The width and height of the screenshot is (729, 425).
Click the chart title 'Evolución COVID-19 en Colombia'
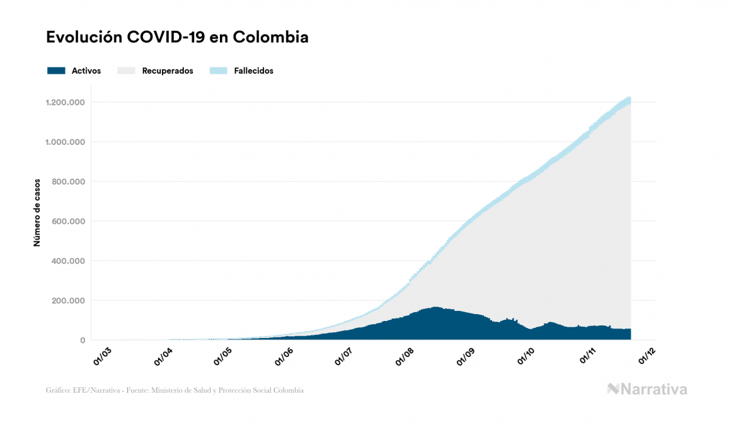(x=177, y=37)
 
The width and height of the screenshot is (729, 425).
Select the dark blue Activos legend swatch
(x=56, y=71)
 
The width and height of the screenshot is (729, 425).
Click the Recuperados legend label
(x=168, y=71)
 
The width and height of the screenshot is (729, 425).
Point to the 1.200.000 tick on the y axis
(x=65, y=102)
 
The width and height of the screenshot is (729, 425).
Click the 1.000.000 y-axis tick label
(x=65, y=142)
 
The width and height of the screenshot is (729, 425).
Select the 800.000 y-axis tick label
(x=68, y=182)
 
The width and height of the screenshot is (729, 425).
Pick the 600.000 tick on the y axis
(x=68, y=221)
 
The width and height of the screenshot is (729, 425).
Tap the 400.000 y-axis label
(x=68, y=261)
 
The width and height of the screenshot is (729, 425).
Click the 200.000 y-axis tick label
(x=68, y=301)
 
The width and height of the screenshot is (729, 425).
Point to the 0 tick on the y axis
(x=82, y=341)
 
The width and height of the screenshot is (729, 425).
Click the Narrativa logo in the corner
(x=647, y=389)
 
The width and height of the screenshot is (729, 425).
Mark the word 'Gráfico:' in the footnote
(x=58, y=390)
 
